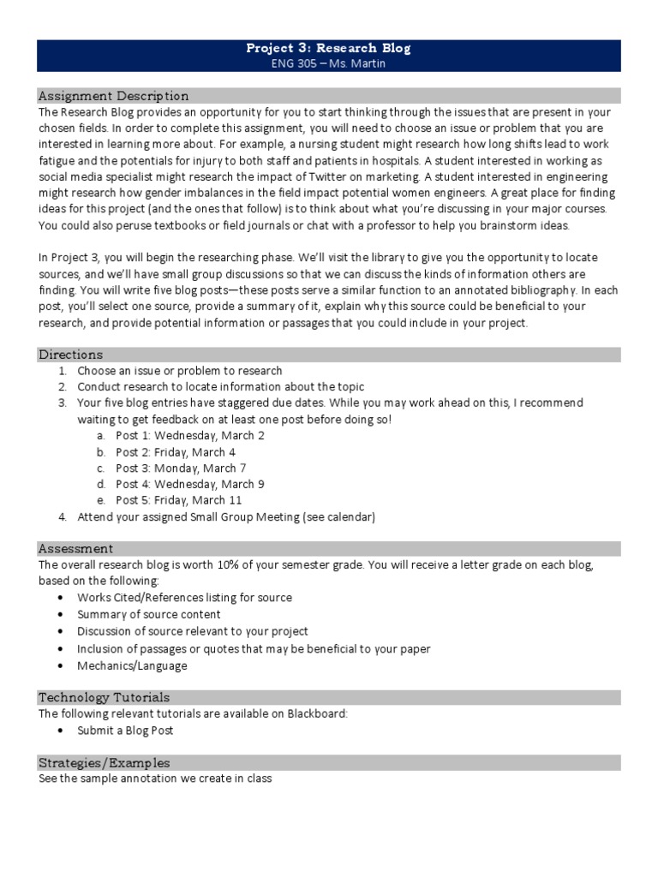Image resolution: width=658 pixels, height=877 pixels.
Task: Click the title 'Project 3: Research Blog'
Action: click(x=328, y=48)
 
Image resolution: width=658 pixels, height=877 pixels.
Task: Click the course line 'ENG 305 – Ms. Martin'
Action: click(x=328, y=63)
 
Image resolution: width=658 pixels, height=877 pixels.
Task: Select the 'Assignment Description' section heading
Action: click(x=114, y=95)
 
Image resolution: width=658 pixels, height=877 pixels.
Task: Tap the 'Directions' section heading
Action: click(x=70, y=354)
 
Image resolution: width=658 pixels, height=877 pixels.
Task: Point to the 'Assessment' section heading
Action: click(x=75, y=548)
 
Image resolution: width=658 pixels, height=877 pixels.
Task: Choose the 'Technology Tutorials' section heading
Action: click(x=104, y=697)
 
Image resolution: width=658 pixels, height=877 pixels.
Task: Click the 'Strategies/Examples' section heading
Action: click(x=104, y=762)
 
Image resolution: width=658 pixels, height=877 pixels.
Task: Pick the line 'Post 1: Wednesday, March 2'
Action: click(x=190, y=435)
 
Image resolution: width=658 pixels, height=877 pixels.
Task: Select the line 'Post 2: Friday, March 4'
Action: click(x=176, y=451)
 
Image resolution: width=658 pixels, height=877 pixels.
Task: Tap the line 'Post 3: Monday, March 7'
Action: click(x=181, y=468)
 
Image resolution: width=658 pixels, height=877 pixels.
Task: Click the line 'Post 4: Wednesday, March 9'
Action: click(x=190, y=484)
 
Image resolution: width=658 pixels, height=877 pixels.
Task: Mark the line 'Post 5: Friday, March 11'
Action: click(x=178, y=500)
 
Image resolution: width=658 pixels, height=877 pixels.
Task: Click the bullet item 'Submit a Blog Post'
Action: click(x=125, y=730)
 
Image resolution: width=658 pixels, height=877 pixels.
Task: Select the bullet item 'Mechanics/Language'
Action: click(x=132, y=665)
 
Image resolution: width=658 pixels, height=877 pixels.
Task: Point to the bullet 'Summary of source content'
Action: click(x=149, y=614)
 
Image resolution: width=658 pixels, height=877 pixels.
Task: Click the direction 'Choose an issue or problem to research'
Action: click(x=179, y=371)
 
